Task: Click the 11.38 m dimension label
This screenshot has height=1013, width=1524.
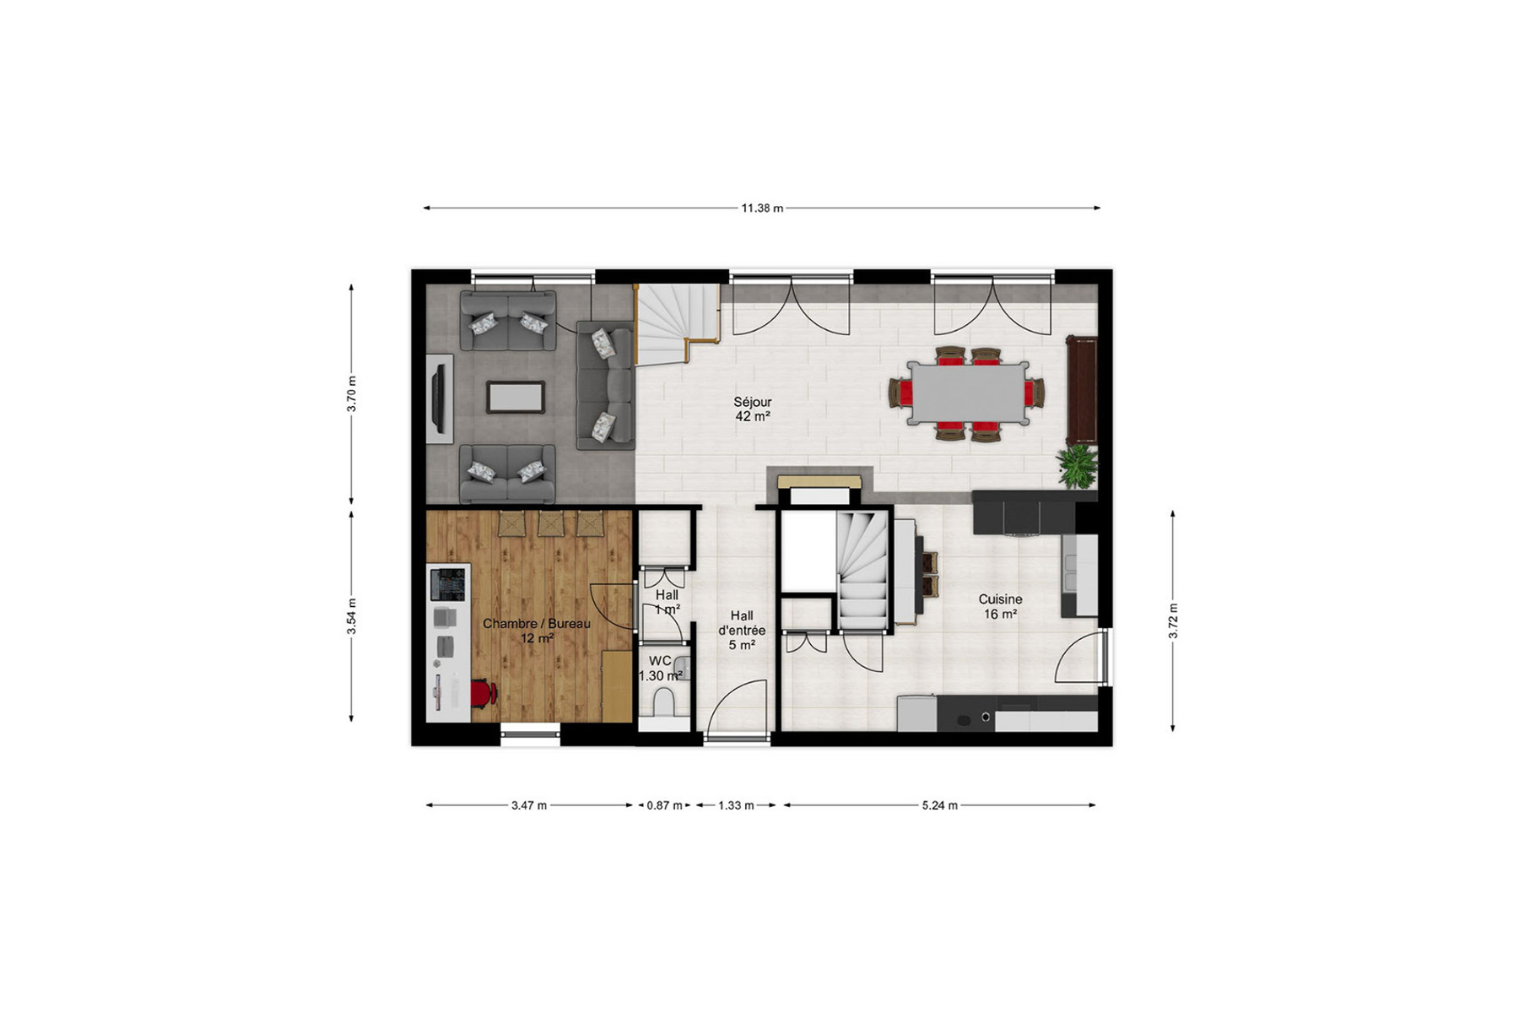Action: (x=762, y=208)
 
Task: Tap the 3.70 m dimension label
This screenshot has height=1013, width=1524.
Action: (x=352, y=393)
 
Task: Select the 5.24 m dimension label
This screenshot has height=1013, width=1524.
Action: (x=940, y=805)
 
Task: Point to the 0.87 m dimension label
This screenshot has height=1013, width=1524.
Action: (x=665, y=805)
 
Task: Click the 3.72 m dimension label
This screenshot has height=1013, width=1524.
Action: (x=1173, y=621)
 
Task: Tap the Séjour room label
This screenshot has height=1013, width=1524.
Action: (x=752, y=403)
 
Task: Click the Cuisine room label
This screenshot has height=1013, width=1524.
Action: (x=1001, y=599)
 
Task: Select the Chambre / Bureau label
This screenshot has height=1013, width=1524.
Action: (x=537, y=624)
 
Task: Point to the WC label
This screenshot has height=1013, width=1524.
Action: (x=660, y=661)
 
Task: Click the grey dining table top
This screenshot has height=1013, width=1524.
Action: (x=968, y=393)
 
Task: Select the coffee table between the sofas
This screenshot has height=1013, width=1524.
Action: (x=515, y=397)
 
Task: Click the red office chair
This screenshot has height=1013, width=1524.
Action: (x=482, y=693)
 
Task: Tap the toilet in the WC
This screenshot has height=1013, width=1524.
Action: (x=664, y=702)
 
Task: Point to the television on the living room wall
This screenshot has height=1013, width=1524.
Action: (x=439, y=397)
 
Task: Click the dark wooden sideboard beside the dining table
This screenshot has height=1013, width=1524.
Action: (x=1082, y=390)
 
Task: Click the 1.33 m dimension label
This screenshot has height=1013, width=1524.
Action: (x=736, y=805)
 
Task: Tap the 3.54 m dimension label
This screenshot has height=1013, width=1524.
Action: (x=352, y=616)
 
